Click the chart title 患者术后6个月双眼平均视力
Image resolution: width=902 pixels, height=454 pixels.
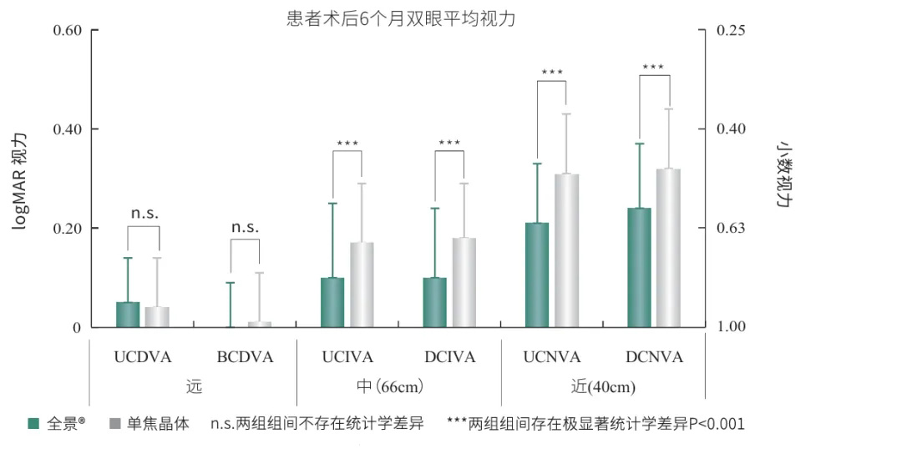coord(401,18)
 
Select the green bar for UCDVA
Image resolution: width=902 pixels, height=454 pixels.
coord(128,315)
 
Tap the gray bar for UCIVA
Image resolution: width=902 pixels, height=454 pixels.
coord(362,285)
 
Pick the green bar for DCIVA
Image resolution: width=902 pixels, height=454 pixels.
coord(435,302)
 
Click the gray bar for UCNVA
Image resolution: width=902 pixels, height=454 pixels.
coord(566,250)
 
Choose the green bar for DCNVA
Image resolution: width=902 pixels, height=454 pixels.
coord(639,268)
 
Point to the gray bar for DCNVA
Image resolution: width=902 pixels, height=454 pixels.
coord(668,248)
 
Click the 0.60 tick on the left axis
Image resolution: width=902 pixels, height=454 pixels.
coord(67,31)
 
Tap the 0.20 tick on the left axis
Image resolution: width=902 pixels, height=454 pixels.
coord(67,228)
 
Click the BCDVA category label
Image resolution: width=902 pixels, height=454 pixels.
coord(245,357)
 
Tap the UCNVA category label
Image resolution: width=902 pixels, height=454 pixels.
coord(551,357)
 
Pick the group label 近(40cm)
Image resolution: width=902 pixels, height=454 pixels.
coord(603,387)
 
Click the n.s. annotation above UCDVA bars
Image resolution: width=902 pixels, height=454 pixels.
coord(144,213)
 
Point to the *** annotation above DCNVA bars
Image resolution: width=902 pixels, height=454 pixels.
coord(653,68)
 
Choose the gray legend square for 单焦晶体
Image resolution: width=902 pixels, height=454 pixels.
coord(114,424)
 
